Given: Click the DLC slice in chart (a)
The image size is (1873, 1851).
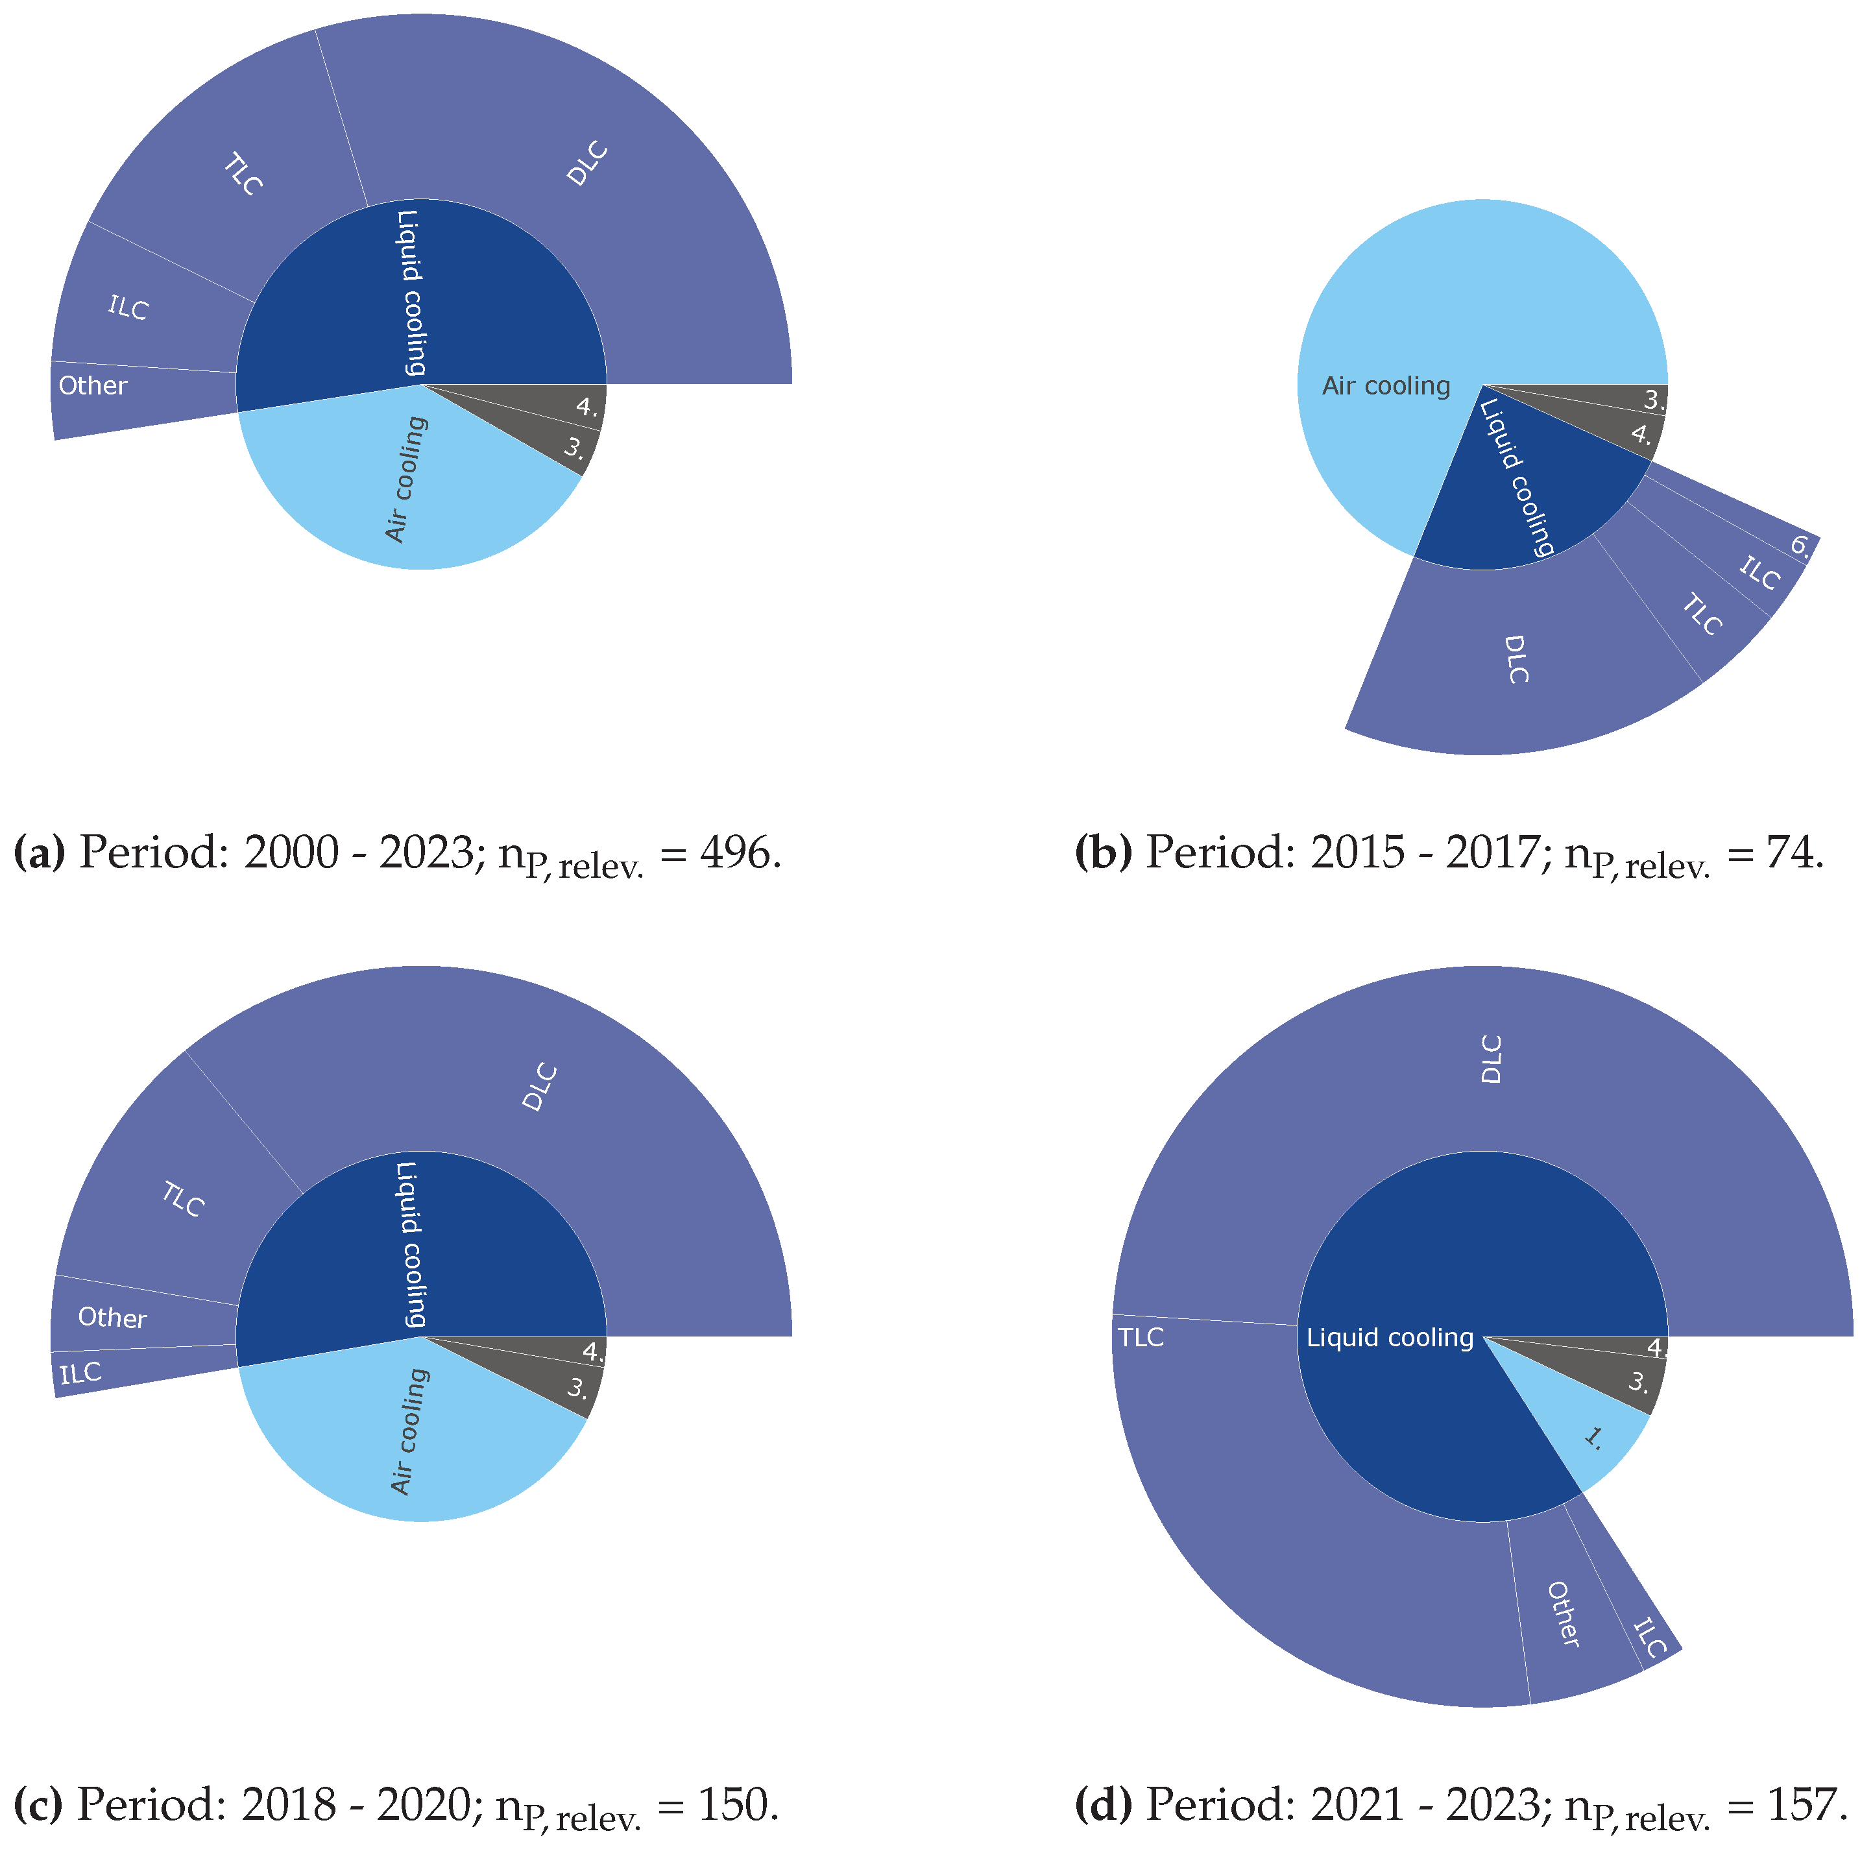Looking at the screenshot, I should pos(588,165).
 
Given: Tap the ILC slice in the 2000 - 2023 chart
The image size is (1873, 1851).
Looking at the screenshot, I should pos(128,308).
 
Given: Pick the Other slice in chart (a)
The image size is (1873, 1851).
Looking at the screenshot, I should pos(93,386).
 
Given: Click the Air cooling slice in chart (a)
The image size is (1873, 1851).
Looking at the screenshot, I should pos(407,480).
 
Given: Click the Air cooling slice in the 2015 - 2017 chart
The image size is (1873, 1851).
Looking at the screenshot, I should pos(1386,386).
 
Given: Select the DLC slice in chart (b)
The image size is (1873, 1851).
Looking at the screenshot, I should pos(1517,659).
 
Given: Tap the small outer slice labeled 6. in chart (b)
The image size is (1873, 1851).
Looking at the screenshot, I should pos(1799,546).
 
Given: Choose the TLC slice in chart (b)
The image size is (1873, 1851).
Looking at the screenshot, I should pos(1702,615).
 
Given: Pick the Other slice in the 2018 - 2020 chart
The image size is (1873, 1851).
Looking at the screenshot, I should pos(112,1318).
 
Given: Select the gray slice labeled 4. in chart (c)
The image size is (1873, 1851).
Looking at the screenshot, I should pos(592,1351).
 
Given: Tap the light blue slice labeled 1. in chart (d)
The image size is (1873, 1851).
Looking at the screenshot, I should pos(1593,1438).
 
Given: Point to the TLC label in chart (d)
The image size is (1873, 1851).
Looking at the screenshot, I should pos(1141,1338).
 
